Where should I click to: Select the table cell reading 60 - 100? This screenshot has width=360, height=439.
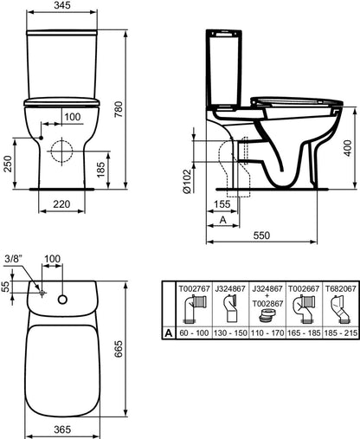click(x=193, y=356)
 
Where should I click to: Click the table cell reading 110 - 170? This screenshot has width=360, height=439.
click(x=265, y=356)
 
